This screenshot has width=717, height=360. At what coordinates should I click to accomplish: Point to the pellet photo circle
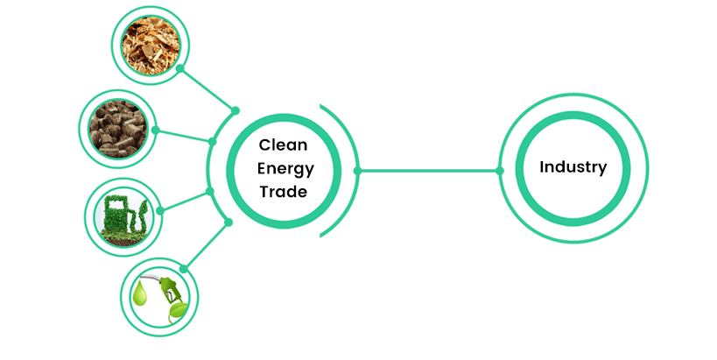tap(117, 130)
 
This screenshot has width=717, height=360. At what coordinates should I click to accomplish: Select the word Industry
tap(573, 167)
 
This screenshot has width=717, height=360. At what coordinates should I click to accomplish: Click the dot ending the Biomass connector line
tap(235, 110)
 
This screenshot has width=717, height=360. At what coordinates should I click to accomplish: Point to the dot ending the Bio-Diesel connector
tap(230, 222)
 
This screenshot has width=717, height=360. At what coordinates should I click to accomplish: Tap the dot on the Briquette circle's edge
tap(155, 131)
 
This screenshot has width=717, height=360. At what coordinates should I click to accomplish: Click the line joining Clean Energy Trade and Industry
tap(429, 170)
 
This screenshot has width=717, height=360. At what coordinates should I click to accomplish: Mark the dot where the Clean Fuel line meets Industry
tap(502, 170)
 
